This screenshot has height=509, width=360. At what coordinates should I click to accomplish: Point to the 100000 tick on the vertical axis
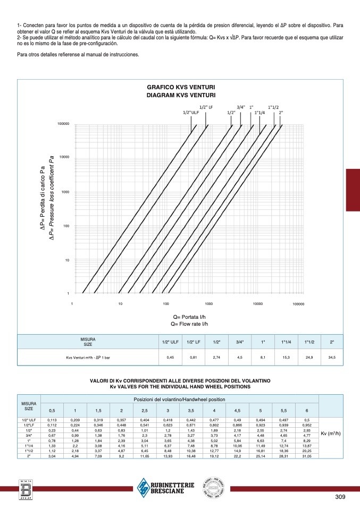coord(64,124)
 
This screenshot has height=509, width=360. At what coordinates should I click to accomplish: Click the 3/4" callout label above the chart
coord(240,107)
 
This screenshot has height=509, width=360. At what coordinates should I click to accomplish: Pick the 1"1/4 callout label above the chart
coord(259,113)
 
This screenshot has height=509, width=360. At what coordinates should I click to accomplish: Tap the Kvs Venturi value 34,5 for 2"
coord(332,358)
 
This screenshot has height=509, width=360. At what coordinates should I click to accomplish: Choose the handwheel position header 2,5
coord(144,410)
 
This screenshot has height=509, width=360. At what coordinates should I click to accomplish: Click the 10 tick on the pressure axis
coord(68,260)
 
